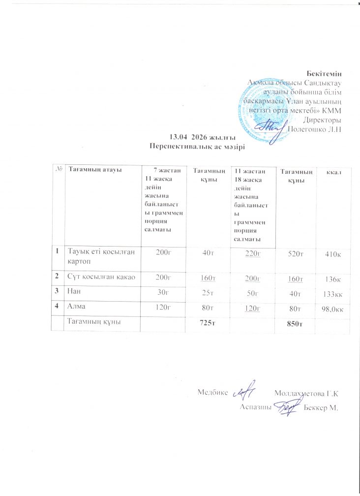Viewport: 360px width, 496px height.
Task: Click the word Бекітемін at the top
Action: click(x=326, y=73)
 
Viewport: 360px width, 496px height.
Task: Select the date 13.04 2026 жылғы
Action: click(x=201, y=136)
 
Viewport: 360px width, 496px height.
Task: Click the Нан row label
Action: click(x=74, y=290)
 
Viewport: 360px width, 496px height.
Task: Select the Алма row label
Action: click(x=76, y=306)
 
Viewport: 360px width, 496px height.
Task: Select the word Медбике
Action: click(x=213, y=393)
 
